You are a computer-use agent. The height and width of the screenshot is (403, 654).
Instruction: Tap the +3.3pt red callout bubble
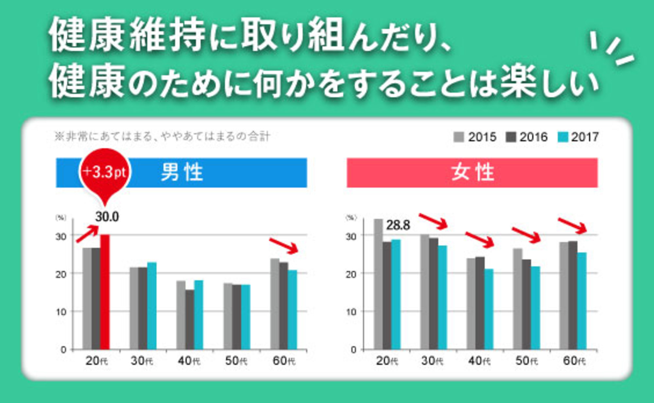click(x=105, y=172)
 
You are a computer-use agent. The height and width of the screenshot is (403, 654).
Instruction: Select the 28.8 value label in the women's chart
click(x=398, y=225)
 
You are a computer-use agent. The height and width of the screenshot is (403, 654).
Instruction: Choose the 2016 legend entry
click(x=526, y=137)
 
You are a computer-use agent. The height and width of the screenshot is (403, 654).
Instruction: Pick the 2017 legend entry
click(x=578, y=137)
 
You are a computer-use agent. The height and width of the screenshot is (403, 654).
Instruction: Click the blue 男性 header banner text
click(x=182, y=172)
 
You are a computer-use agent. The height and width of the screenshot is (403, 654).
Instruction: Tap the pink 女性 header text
click(x=472, y=172)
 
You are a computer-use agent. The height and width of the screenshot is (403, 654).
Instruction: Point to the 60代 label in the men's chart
click(x=284, y=361)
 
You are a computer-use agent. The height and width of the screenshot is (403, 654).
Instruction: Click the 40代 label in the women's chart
click(x=479, y=361)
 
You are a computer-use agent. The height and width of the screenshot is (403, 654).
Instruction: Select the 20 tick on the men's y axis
click(x=61, y=274)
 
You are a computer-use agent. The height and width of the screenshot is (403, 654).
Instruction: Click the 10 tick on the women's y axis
click(x=351, y=312)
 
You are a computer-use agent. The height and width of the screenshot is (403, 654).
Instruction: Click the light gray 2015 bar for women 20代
click(x=378, y=284)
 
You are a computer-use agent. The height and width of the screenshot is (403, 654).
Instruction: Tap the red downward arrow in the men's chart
click(x=284, y=246)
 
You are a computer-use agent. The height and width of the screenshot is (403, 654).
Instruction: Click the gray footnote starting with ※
click(x=163, y=136)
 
